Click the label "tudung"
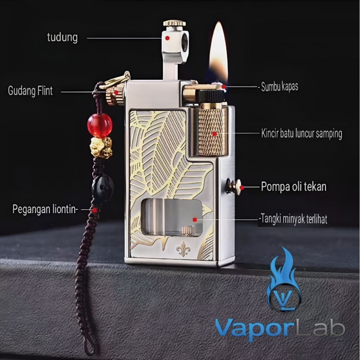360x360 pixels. point(62,37)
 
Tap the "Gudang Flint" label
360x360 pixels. point(30,91)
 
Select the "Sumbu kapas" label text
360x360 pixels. point(279,87)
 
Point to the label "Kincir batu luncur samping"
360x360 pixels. point(301,134)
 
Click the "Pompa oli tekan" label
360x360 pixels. point(294,187)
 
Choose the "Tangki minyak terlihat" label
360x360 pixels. point(294,219)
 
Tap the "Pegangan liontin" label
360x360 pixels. point(45,209)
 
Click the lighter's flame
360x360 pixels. point(218,53)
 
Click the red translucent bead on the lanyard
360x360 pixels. point(100,125)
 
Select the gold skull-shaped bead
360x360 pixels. point(101,147)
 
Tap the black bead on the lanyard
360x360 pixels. point(103,188)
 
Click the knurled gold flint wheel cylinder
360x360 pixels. point(211,132)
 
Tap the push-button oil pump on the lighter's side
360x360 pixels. point(234,186)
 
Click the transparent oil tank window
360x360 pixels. point(172,217)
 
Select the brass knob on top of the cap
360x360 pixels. point(174,24)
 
